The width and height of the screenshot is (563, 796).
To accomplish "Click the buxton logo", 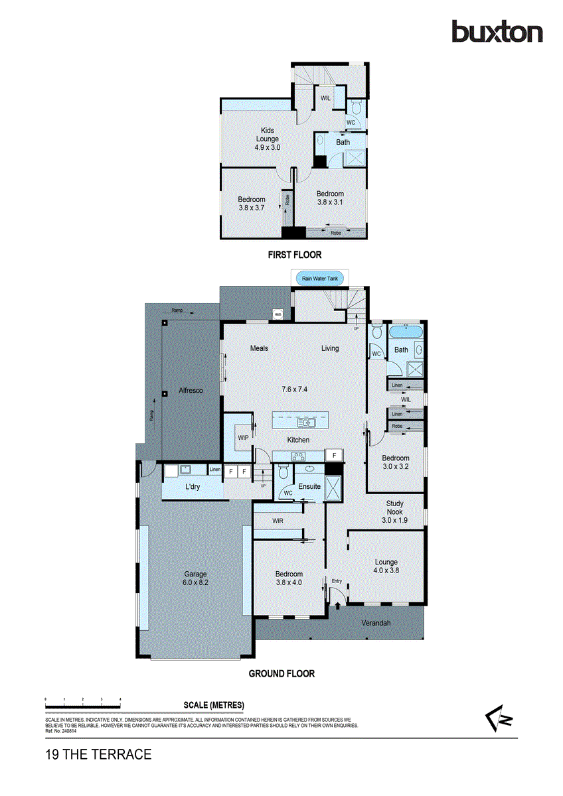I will pos(497,32).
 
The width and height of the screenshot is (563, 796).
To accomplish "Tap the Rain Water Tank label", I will pos(320,279).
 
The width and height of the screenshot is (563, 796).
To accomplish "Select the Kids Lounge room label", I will pos(268,139).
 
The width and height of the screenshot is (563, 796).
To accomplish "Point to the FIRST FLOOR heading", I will pos(295,254).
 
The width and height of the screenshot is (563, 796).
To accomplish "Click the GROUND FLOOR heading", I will pos(281,673).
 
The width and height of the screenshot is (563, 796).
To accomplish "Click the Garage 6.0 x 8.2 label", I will pos(196,578).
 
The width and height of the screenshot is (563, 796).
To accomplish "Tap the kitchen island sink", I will pos(307,422).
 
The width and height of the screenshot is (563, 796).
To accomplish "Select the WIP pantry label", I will pos(242,438).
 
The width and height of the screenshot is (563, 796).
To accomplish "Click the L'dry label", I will pos(193,488).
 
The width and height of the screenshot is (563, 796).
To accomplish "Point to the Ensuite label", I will pos(309,486).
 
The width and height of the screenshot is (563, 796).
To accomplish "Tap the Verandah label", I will pos(375,624).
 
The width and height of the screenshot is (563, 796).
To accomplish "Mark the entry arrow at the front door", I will pos(337,604).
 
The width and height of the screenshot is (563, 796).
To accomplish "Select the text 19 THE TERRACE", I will pos(98,754).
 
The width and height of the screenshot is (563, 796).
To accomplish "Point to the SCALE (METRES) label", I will pos(214,704).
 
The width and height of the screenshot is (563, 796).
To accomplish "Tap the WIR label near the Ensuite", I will pos(278,521).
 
